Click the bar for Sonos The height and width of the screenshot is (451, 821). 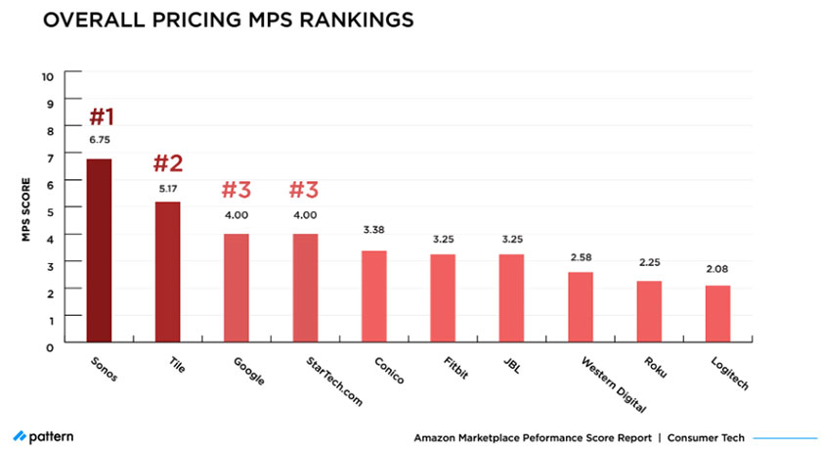coord(99,251)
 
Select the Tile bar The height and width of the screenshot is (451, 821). coord(167,273)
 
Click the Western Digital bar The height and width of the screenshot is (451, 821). coord(581,308)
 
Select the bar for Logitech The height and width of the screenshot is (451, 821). coord(717,315)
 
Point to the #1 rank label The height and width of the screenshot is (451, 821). coord(101,116)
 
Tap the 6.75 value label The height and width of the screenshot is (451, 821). coord(100,140)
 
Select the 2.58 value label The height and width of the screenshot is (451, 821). coord(581,256)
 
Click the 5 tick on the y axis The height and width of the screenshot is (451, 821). coord(50,209)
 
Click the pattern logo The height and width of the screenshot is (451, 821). coord(43,435)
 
